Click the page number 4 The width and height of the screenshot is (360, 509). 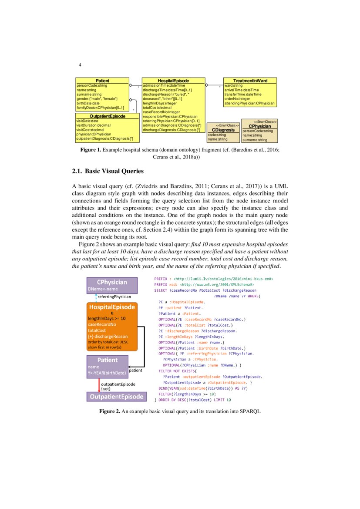tap(80, 65)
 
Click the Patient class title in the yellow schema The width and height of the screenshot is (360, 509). tap(102, 81)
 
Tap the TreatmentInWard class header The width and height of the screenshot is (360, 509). tap(250, 81)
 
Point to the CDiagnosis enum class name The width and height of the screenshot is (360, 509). tap(223, 130)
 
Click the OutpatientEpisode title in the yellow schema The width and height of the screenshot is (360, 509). tap(107, 116)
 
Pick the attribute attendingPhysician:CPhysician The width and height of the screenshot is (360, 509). tap(249, 104)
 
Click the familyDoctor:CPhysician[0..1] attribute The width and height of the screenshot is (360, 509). tap(100, 107)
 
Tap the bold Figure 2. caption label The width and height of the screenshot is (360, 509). tap(109, 411)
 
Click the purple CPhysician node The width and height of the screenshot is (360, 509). tap(112, 282)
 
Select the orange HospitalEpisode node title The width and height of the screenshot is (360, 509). tap(112, 307)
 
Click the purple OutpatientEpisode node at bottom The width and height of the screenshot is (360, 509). tap(116, 397)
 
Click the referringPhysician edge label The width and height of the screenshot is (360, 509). tap(114, 296)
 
